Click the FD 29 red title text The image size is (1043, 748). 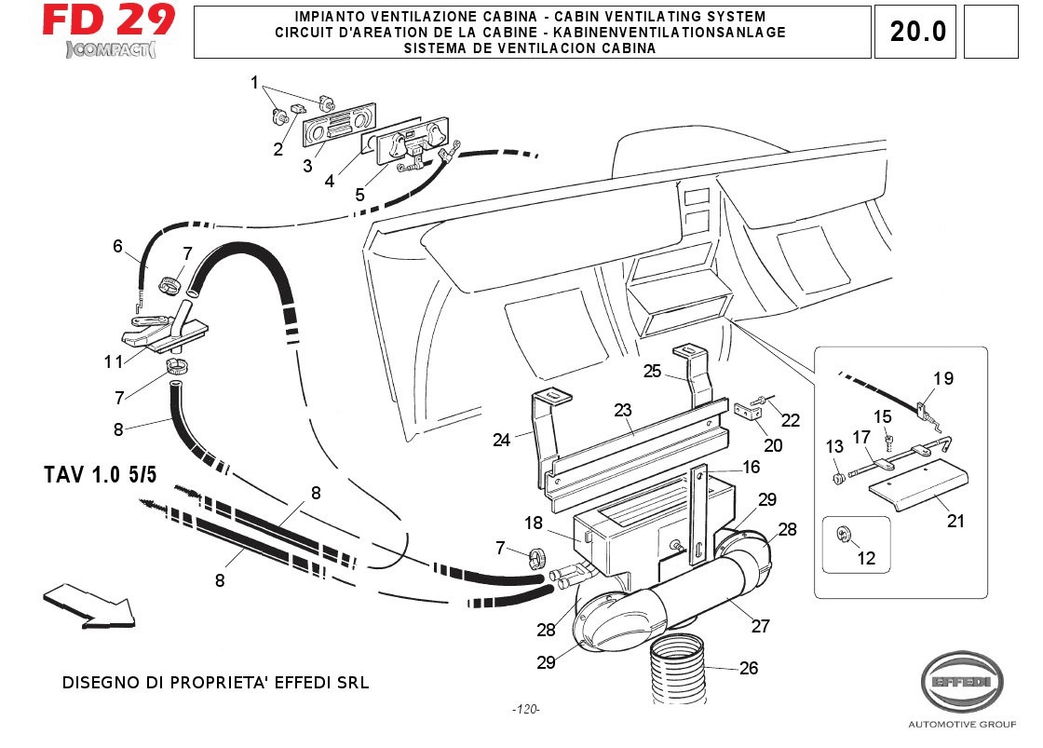pyautogui.click(x=108, y=21)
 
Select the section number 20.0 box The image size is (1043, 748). pyautogui.click(x=917, y=32)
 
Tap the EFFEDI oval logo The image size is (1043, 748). pyautogui.click(x=962, y=684)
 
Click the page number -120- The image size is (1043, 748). pyautogui.click(x=526, y=710)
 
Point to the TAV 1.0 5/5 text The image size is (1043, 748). pyautogui.click(x=101, y=474)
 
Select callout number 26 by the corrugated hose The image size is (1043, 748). pyautogui.click(x=748, y=668)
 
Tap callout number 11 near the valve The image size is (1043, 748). pyautogui.click(x=114, y=360)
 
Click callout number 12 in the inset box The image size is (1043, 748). pyautogui.click(x=867, y=559)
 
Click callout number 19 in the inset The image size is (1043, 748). pyautogui.click(x=943, y=378)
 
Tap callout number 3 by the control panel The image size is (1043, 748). pyautogui.click(x=307, y=166)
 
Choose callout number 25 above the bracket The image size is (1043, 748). pyautogui.click(x=652, y=371)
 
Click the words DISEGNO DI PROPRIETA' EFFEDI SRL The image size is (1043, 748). pyautogui.click(x=215, y=683)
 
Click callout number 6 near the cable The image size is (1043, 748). pyautogui.click(x=118, y=246)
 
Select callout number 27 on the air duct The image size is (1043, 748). pyautogui.click(x=761, y=626)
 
